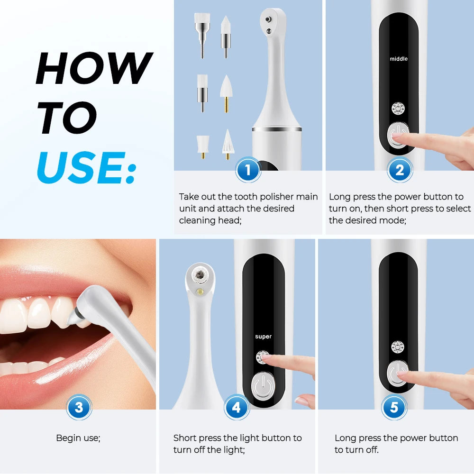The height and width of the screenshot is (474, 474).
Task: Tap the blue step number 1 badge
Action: [x=248, y=170]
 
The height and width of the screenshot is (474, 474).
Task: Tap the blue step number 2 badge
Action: [x=400, y=170]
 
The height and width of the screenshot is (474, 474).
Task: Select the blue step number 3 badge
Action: [x=79, y=407]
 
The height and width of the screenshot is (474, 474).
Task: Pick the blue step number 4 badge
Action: [x=237, y=407]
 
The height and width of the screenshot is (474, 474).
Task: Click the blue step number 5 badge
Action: [x=394, y=407]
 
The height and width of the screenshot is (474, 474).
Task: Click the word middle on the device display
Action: [x=398, y=59]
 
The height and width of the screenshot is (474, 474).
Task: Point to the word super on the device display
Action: [x=263, y=337]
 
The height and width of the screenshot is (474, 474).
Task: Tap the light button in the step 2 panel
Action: [x=398, y=109]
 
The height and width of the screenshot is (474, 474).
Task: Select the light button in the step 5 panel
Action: [x=398, y=347]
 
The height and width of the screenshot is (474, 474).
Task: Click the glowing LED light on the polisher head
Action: [x=201, y=291]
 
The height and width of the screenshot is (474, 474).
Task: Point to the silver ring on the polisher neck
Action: [x=277, y=129]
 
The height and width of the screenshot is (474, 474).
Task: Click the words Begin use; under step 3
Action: [x=78, y=438]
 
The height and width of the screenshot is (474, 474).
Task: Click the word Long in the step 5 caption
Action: [x=345, y=438]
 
